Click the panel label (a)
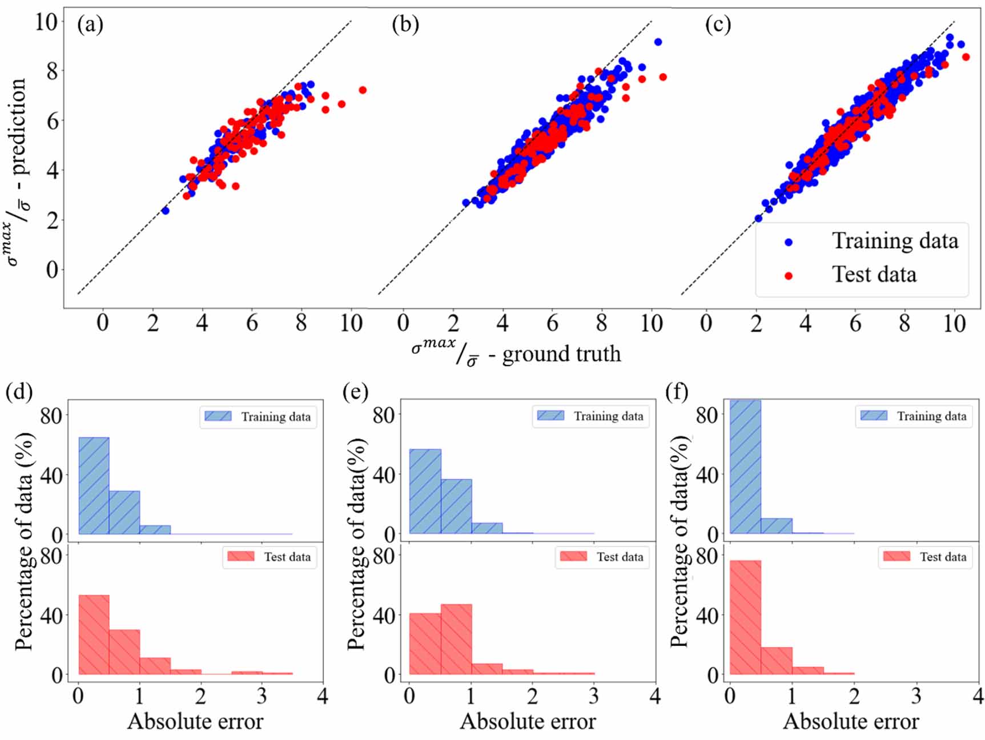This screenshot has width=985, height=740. click(x=90, y=25)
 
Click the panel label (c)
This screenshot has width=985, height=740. click(x=718, y=25)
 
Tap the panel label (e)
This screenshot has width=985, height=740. click(x=355, y=392)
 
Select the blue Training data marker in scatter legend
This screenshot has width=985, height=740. click(x=789, y=242)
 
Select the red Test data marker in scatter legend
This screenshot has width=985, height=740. click(x=789, y=276)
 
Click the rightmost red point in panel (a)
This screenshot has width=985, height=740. click(x=362, y=90)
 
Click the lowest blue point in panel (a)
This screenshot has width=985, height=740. click(x=165, y=211)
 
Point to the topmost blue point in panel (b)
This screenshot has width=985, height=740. click(x=658, y=42)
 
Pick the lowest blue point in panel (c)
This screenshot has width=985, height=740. click(x=758, y=218)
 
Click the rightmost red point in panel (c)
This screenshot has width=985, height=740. click(x=966, y=57)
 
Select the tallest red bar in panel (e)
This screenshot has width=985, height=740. click(x=456, y=639)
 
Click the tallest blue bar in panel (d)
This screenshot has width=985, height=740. click(x=94, y=485)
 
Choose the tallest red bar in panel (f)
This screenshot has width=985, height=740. click(x=745, y=617)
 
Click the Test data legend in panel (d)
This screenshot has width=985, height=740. click(x=269, y=557)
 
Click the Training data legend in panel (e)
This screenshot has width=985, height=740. click(x=590, y=416)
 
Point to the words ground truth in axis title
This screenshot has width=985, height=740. click(x=561, y=355)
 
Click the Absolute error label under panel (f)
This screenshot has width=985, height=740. click(x=851, y=722)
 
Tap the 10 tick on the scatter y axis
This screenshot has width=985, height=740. click(x=46, y=22)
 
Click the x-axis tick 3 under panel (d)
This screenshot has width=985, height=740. click(x=262, y=696)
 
